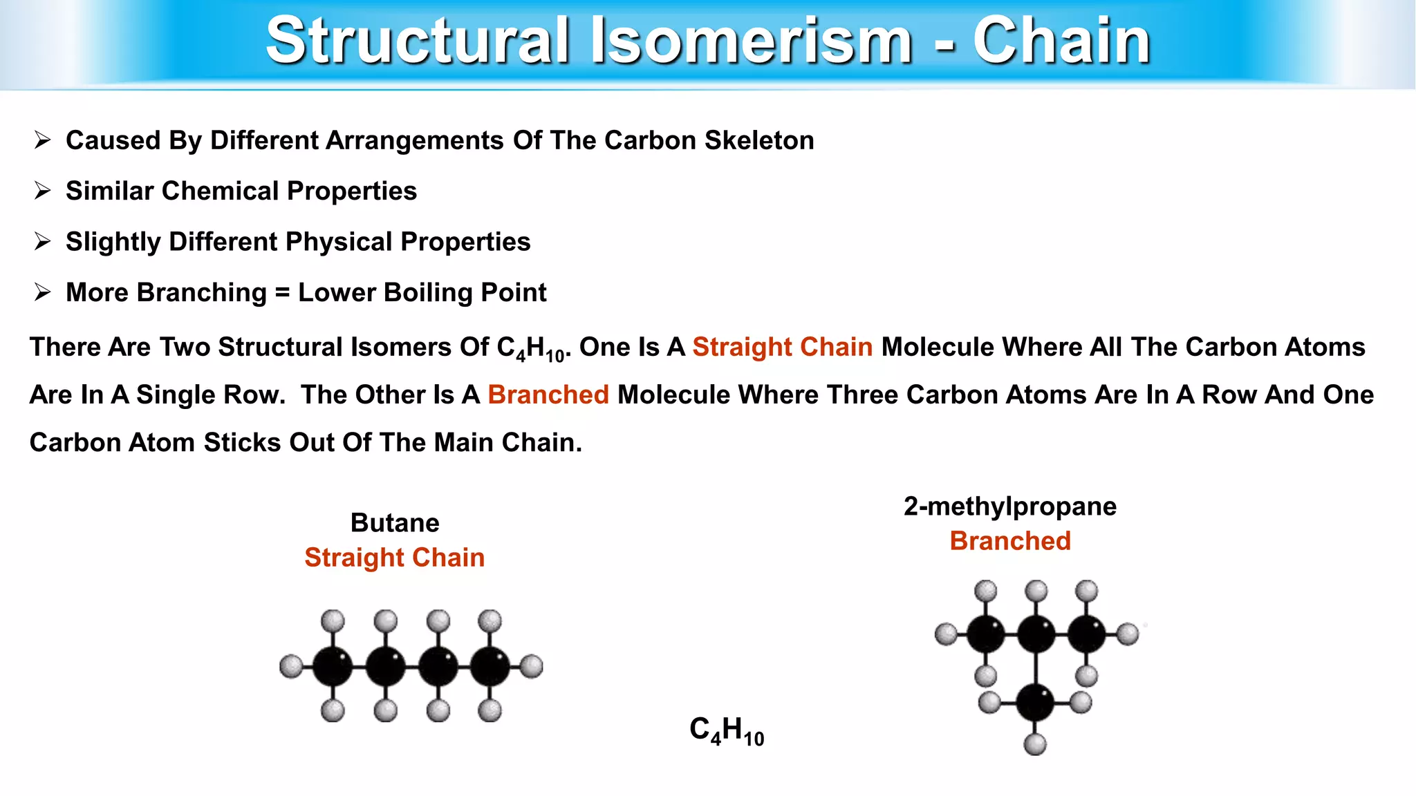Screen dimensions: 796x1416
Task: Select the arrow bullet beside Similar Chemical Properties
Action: click(43, 191)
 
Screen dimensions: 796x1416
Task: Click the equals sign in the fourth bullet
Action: click(282, 293)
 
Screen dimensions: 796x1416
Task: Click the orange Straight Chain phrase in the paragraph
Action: click(782, 347)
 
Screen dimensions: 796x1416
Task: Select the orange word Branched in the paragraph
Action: click(548, 395)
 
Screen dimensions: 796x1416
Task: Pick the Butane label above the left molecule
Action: click(395, 523)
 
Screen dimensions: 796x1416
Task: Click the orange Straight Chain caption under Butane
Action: click(395, 558)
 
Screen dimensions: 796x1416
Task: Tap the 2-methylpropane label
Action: click(1009, 506)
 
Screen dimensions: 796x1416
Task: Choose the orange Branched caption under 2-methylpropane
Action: click(1010, 541)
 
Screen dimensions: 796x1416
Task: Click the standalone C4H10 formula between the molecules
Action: click(727, 730)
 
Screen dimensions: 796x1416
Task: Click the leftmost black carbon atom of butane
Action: click(333, 667)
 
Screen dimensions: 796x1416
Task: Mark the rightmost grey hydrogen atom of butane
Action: click(531, 666)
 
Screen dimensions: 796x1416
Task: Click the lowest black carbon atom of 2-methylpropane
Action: click(1035, 703)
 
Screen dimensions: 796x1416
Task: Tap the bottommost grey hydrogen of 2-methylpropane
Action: click(1035, 744)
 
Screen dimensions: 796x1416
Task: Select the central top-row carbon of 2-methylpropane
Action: click(1036, 634)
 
